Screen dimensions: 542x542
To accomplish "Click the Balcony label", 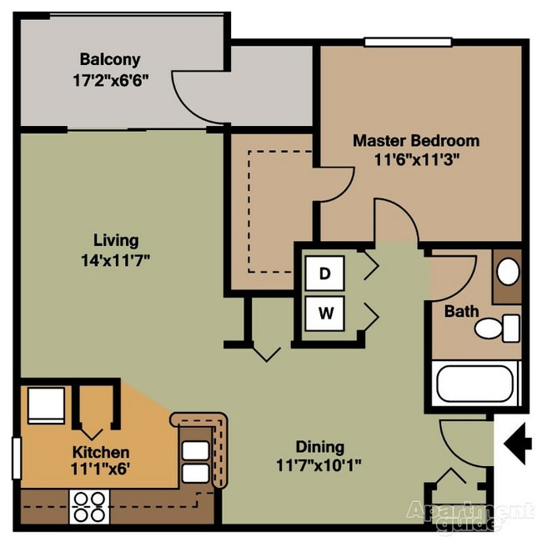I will (x=109, y=60).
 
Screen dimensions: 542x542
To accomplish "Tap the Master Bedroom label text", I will (x=415, y=140).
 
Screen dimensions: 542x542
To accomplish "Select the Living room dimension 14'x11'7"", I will (x=116, y=259).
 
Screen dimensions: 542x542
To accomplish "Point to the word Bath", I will (x=461, y=312).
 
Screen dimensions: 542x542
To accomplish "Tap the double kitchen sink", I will (x=196, y=461).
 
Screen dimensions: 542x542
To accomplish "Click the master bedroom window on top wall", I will (x=408, y=42).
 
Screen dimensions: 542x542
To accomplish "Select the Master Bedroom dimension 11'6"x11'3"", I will (x=415, y=158).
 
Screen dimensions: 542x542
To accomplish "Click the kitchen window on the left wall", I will (x=16, y=458).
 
